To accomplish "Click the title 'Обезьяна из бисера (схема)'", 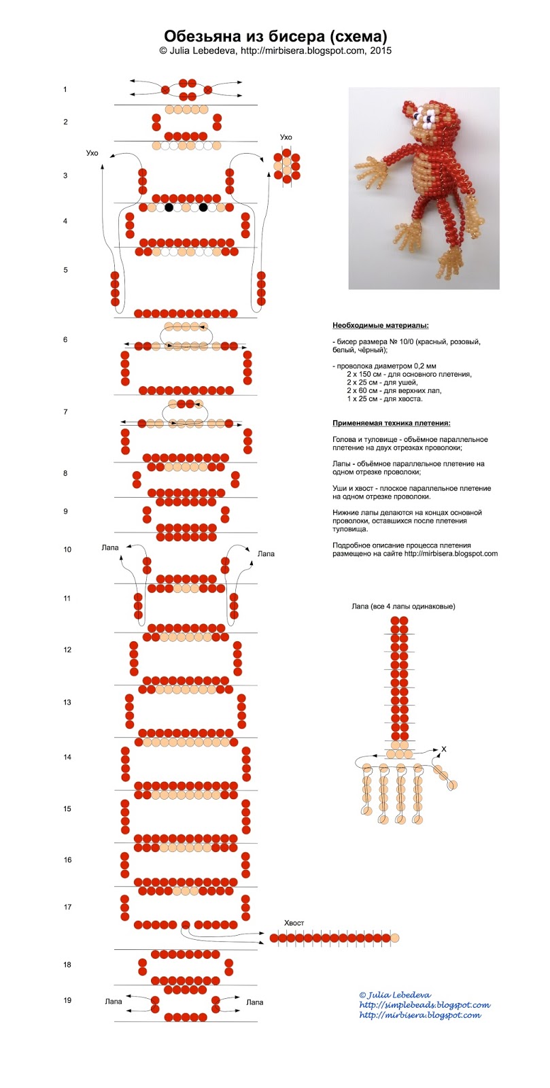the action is coord(275,37).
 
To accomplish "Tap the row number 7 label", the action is coord(65,412).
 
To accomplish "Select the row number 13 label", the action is coord(67,702).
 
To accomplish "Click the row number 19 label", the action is coord(67,1000).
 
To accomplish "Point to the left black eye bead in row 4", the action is coord(169,208).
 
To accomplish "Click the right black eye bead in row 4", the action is coord(203,208).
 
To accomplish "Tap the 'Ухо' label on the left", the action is coord(92,153).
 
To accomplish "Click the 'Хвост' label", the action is coord(294,922).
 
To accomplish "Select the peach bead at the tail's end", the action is coord(395,938).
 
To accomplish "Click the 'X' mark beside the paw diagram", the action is coord(443,749).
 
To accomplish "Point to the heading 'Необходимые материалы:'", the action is coord(381,326).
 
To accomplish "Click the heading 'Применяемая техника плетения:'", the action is coord(392,423).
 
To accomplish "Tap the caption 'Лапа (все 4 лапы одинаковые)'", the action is coord(403,606).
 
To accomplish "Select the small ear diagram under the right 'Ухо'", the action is coord(286,167).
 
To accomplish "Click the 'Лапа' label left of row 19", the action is coord(113,1001).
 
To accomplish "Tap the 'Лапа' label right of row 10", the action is coord(266,554).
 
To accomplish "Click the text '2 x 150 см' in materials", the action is coord(364,374).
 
